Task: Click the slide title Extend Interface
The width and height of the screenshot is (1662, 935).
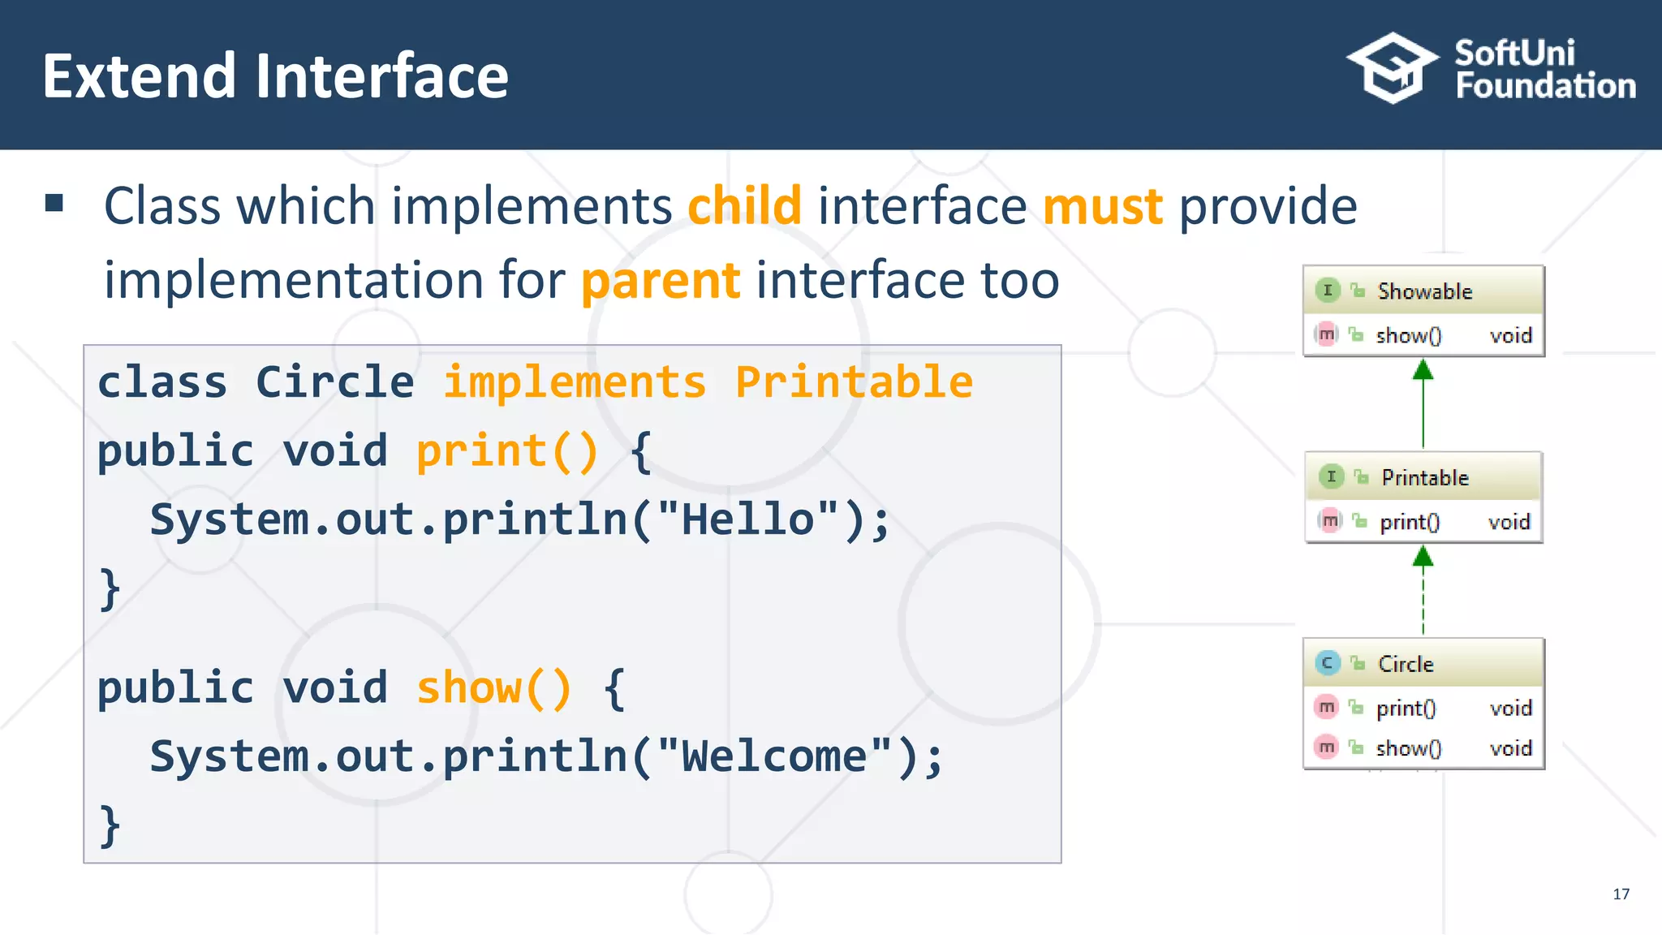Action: click(275, 76)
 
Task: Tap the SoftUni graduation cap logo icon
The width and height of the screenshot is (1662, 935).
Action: click(1393, 68)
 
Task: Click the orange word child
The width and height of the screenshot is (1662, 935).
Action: click(744, 206)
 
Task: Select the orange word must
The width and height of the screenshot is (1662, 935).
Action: click(1102, 206)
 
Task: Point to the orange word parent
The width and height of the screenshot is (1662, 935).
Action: click(661, 281)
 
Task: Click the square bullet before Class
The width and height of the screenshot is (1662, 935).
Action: click(54, 203)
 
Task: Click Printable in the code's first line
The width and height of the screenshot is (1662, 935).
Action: click(854, 382)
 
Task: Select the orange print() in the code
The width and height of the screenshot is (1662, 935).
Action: click(507, 451)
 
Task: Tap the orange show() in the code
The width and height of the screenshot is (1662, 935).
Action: click(494, 688)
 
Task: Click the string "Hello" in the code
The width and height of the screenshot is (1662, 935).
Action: click(747, 519)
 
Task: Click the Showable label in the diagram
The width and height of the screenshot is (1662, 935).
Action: click(1424, 291)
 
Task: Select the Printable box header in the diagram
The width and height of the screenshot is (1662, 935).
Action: click(1424, 477)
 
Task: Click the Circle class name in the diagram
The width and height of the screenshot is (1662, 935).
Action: click(1406, 664)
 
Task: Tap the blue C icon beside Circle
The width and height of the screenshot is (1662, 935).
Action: click(1327, 663)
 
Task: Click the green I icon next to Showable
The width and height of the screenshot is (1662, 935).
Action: click(1327, 291)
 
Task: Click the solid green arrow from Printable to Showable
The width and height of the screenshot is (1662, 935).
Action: click(1423, 406)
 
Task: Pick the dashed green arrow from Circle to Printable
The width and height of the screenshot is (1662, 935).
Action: click(1423, 592)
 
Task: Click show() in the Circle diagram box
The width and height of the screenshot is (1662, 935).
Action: click(1408, 748)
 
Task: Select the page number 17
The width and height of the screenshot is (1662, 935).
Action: click(1621, 894)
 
